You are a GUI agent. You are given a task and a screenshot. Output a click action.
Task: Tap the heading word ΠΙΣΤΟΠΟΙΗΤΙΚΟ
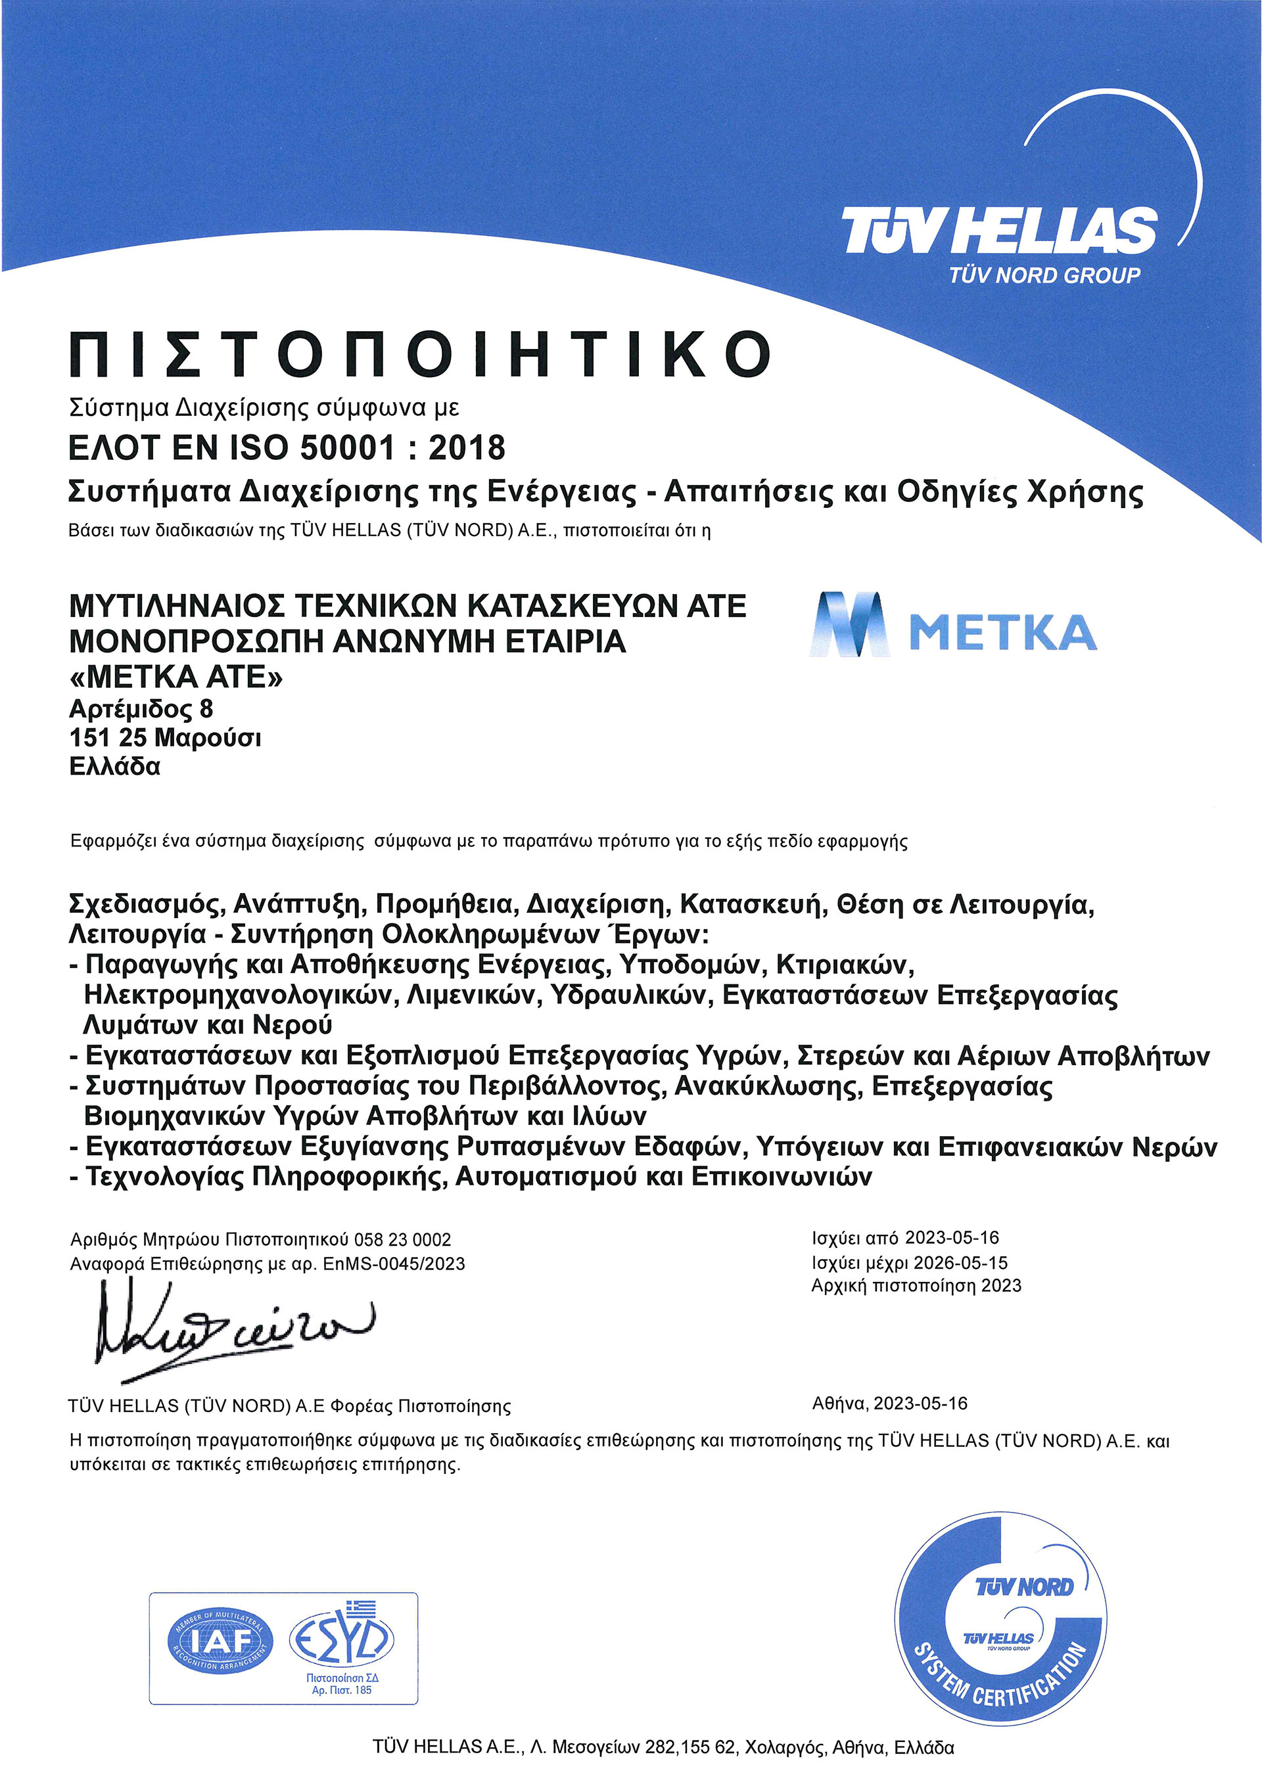click(419, 354)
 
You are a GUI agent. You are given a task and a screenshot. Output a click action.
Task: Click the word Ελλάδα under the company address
click(115, 767)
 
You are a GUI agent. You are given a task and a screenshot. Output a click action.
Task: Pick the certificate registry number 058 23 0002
click(402, 1239)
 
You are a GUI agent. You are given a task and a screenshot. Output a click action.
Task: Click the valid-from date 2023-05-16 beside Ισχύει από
click(952, 1237)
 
